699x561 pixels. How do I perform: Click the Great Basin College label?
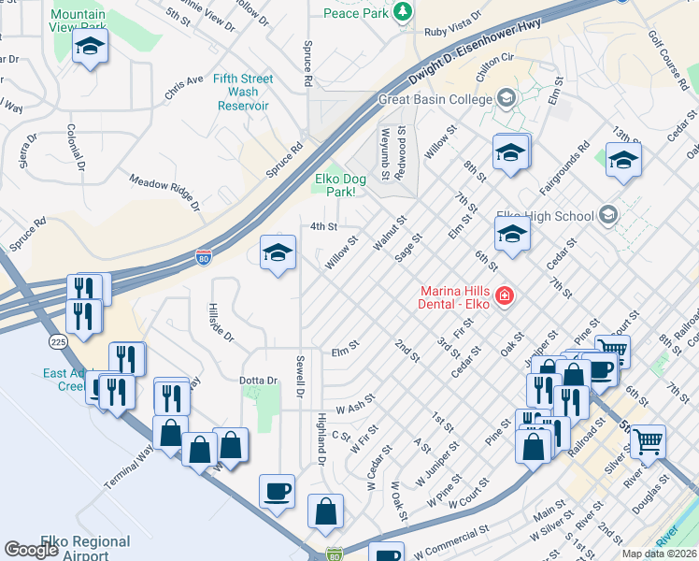pos(435,99)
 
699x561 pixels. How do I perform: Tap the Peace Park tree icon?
pos(402,12)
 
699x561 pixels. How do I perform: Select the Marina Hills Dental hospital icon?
pos(505,296)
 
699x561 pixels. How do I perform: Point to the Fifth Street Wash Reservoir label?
pos(243,92)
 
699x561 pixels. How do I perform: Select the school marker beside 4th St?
pos(278,252)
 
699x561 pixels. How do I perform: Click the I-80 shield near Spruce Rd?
pos(204,255)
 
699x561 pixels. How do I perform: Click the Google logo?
pos(32,550)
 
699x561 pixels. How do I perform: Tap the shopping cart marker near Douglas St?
pos(647,440)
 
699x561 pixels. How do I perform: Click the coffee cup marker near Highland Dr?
pos(277,490)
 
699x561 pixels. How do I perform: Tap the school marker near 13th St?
pos(623,160)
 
